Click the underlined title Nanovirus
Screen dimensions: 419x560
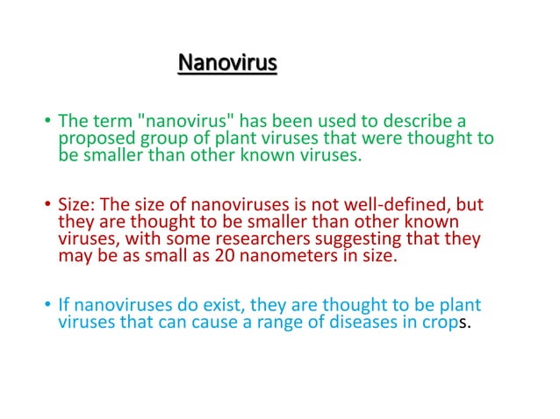227,64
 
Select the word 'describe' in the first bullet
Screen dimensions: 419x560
412,120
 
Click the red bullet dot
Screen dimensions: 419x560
47,206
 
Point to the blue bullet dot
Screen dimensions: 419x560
47,306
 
